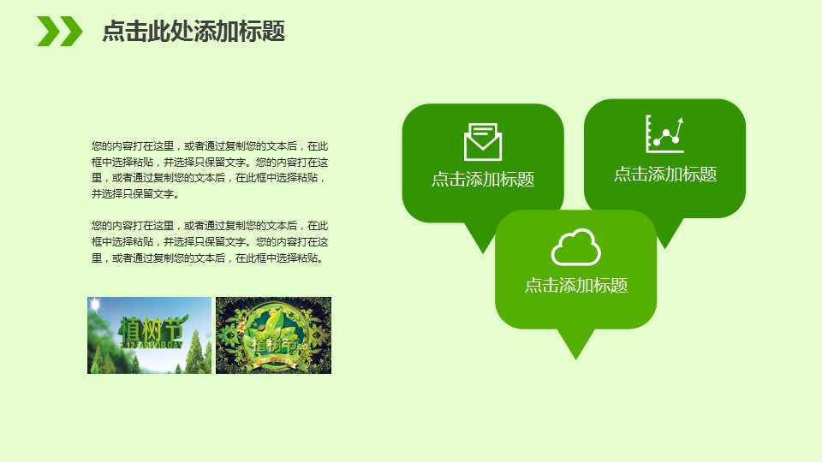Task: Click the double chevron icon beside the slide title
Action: (59, 32)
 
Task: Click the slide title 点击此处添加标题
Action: (194, 32)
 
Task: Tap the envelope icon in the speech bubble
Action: (483, 142)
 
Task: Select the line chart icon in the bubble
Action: (664, 134)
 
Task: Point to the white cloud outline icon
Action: (575, 247)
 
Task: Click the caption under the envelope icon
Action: (483, 179)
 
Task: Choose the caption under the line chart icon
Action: (664, 174)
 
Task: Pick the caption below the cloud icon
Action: (575, 285)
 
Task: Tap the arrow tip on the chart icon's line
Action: (680, 121)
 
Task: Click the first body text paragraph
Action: (210, 169)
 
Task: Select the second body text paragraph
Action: (210, 241)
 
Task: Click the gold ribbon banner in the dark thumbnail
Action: (272, 360)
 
